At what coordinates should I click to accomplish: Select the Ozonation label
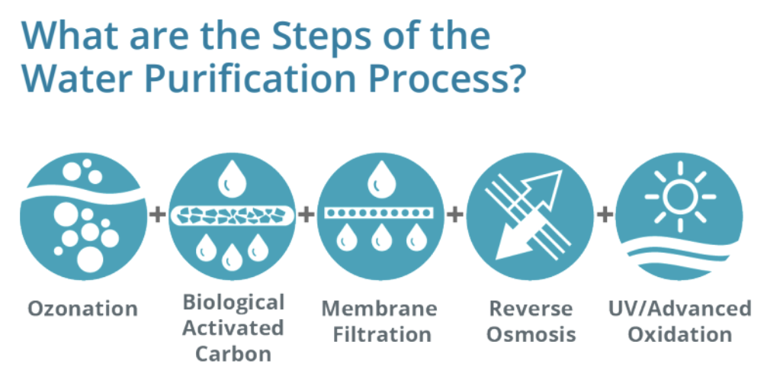click(83, 309)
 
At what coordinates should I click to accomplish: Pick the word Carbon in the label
click(233, 353)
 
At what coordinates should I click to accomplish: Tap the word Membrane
click(379, 309)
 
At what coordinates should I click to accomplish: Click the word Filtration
click(379, 334)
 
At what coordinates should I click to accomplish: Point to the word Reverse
click(531, 309)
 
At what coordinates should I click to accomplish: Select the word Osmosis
click(531, 334)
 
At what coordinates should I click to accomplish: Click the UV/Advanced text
click(679, 309)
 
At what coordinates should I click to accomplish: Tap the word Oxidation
click(679, 334)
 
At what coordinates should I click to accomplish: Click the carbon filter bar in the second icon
click(232, 214)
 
